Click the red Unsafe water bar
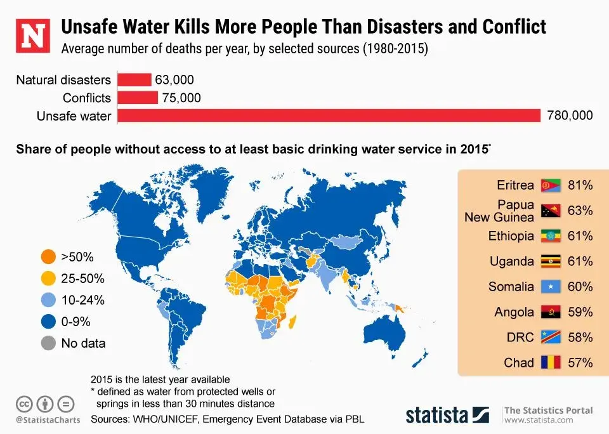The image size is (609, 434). (329, 115)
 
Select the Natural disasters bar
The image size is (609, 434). (134, 80)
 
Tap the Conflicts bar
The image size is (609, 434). (138, 98)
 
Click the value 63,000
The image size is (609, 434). (174, 80)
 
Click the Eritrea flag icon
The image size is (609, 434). (549, 186)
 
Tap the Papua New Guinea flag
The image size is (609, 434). (549, 211)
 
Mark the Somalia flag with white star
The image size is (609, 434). (549, 287)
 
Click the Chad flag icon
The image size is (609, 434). (549, 363)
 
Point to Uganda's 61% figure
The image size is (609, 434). (580, 261)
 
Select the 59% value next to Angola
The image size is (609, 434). (580, 312)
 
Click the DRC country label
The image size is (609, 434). (520, 338)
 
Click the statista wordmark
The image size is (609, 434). (437, 416)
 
